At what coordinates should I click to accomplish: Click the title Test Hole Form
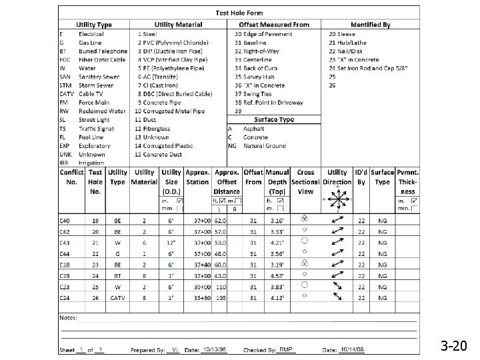tap(239, 13)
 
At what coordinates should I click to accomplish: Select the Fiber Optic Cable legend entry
tap(101, 59)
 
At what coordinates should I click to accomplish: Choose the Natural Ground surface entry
tap(264, 146)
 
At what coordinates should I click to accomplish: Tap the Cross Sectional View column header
tap(305, 181)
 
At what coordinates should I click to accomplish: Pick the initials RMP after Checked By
tap(286, 349)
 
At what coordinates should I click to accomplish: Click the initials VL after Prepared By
tap(175, 349)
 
